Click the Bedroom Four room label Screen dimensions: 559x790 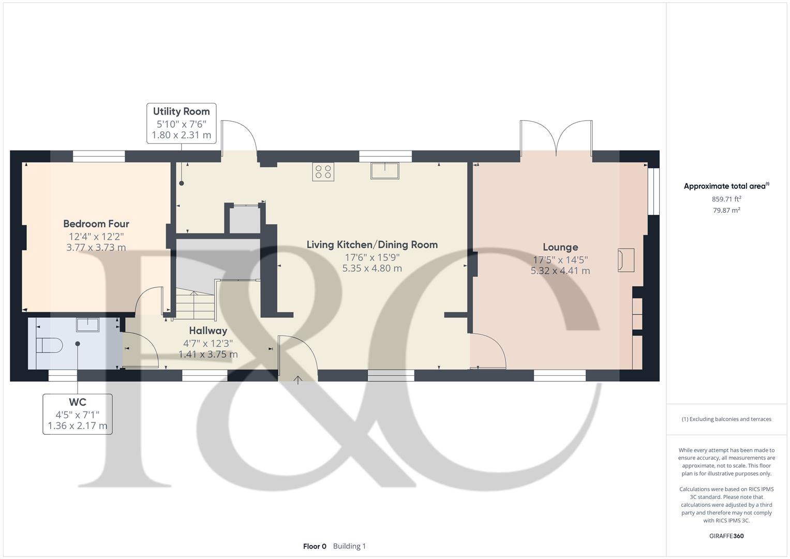tap(96, 224)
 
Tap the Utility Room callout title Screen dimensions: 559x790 tap(181, 111)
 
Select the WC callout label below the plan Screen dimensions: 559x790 tap(77, 402)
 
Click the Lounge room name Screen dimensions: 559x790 tap(560, 247)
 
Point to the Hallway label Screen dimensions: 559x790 tap(208, 330)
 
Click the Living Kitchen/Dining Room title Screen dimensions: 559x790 tap(372, 244)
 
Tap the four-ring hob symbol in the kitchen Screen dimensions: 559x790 tap(323, 171)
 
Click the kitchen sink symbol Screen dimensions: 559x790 tap(384, 170)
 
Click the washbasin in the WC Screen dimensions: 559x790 tap(87, 325)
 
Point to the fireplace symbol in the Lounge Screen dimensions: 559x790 tap(625, 260)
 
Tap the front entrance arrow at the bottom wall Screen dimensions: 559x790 tap(299, 380)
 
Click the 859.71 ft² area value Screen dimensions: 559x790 tap(726, 199)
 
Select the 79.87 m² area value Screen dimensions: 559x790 tap(726, 210)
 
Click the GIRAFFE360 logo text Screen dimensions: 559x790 tap(726, 536)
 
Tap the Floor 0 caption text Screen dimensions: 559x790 tap(315, 546)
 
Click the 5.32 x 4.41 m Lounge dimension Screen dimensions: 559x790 tap(560, 271)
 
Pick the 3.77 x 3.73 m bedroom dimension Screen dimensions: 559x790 tap(96, 247)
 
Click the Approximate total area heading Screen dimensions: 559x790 tap(725, 186)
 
